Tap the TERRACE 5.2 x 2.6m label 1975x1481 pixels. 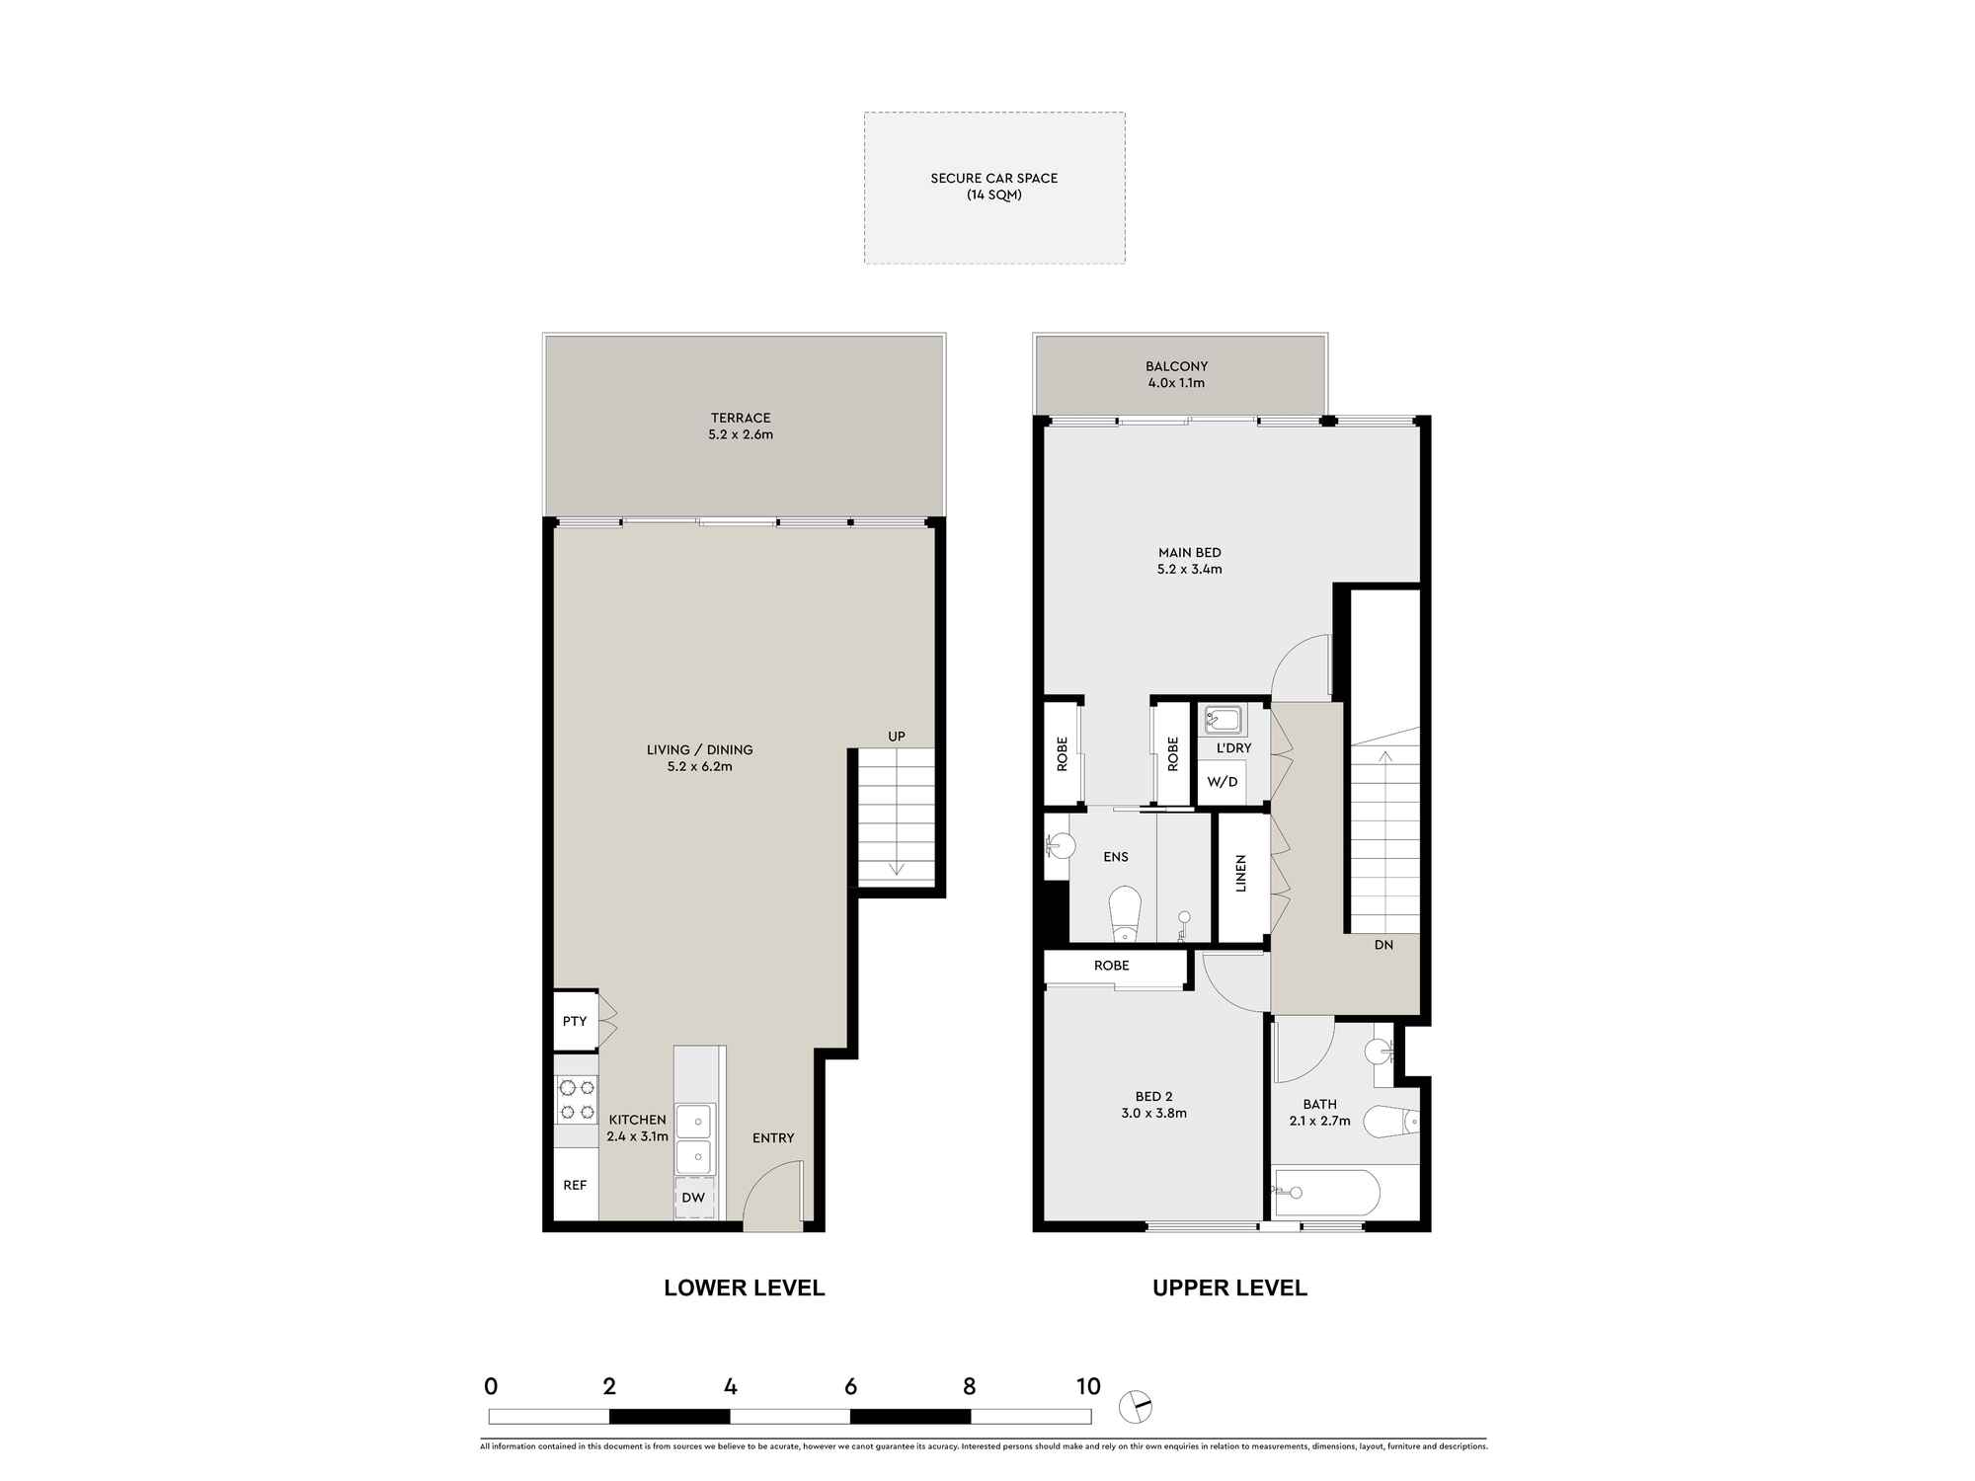pyautogui.click(x=741, y=427)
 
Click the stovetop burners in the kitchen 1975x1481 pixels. pyautogui.click(x=577, y=1100)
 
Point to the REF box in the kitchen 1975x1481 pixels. pyautogui.click(x=575, y=1185)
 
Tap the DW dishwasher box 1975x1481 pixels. pyautogui.click(x=693, y=1198)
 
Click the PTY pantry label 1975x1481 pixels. pyautogui.click(x=575, y=1021)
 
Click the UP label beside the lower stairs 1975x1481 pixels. pyautogui.click(x=897, y=737)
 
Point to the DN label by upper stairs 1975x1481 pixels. pyautogui.click(x=1383, y=945)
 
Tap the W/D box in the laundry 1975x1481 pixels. pyautogui.click(x=1222, y=782)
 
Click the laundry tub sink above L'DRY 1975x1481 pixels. pyautogui.click(x=1223, y=720)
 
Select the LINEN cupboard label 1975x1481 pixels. pyautogui.click(x=1241, y=874)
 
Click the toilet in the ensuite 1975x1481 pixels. pyautogui.click(x=1125, y=913)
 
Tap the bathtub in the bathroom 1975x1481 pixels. pyautogui.click(x=1326, y=1194)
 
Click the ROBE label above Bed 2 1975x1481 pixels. pyautogui.click(x=1111, y=966)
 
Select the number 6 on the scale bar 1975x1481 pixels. pyautogui.click(x=850, y=1386)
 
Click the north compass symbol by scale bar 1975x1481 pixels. pyautogui.click(x=1137, y=1407)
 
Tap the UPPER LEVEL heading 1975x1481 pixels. pyautogui.click(x=1229, y=1287)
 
